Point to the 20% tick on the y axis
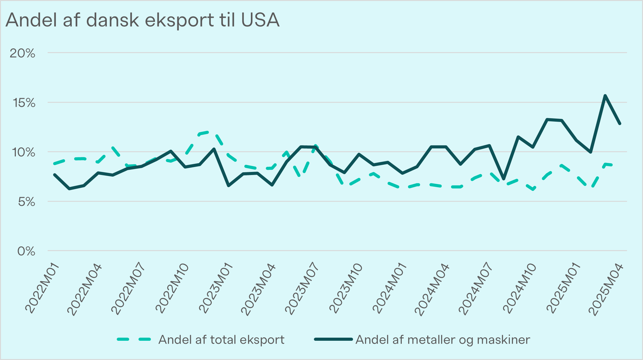[22, 53]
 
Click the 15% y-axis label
[24, 103]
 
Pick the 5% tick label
[26, 202]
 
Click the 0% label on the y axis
[26, 251]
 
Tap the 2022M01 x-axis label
[42, 288]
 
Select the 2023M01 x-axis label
[216, 288]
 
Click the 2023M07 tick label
[303, 288]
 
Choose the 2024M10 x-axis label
[520, 288]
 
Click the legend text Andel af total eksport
[221, 340]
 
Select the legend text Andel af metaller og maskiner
[443, 340]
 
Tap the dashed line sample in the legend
[134, 340]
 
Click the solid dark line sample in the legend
[333, 340]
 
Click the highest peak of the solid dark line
[605, 96]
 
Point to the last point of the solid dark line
[620, 124]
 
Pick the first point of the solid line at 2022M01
[55, 175]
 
